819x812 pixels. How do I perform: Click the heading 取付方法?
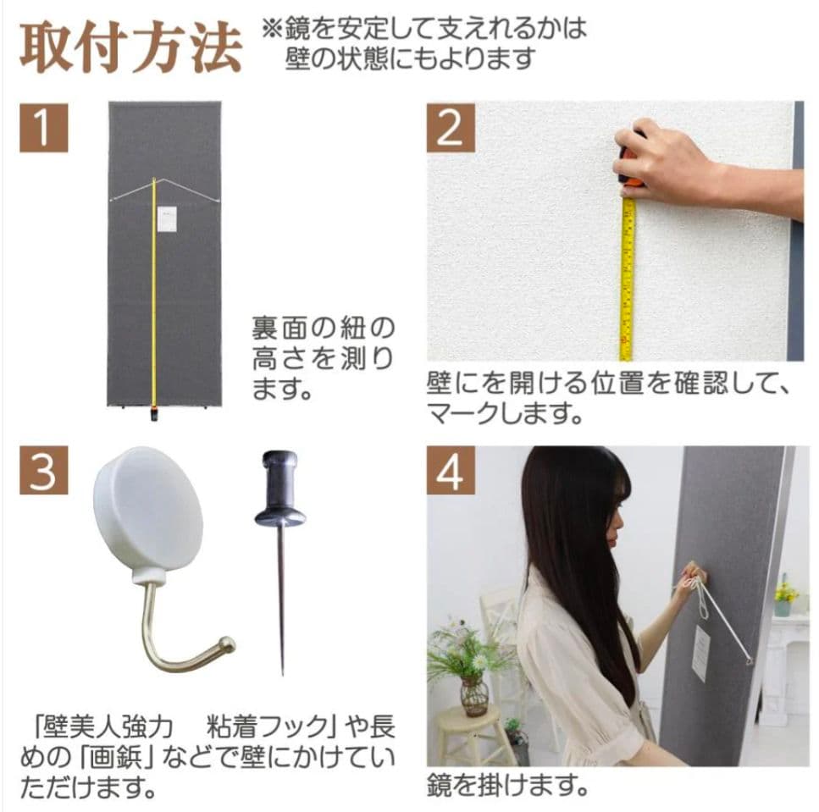pyautogui.click(x=130, y=48)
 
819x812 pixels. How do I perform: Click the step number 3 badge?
pyautogui.click(x=43, y=472)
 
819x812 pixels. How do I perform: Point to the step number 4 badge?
pyautogui.click(x=451, y=472)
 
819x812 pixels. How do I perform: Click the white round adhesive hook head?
pyautogui.click(x=148, y=513)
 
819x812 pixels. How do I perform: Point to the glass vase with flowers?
pyautogui.click(x=473, y=694)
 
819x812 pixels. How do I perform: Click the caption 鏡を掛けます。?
pyautogui.click(x=506, y=785)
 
